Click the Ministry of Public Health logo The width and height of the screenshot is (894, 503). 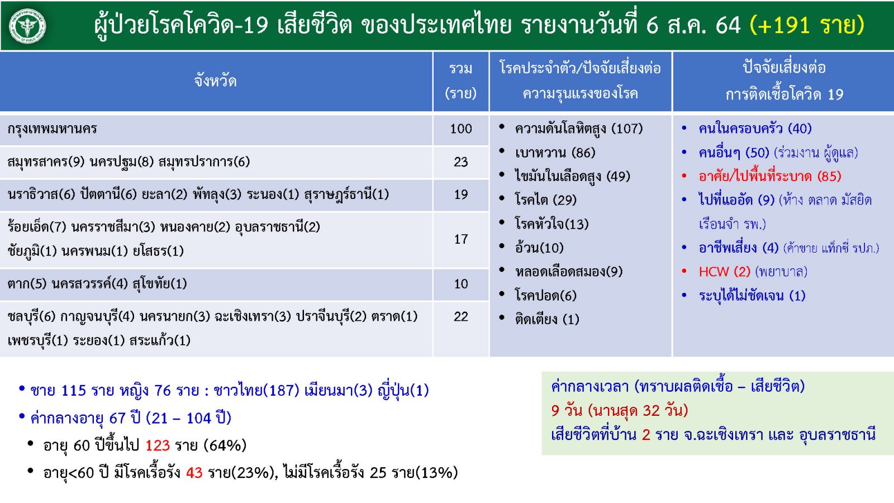pos(27,26)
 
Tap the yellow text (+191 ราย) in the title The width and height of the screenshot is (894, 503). pos(807,25)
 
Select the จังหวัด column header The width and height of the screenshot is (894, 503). pos(216,82)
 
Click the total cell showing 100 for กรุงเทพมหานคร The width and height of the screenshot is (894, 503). pos(461,129)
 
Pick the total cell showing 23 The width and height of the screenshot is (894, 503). pos(461,162)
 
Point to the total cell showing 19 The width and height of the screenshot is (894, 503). pos(461,194)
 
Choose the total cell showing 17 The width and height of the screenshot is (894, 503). pos(461,239)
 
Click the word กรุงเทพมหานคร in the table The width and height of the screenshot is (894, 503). pos(52,129)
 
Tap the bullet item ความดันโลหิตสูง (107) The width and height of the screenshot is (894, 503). pos(579,129)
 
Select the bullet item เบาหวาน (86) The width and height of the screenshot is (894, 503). pos(555,153)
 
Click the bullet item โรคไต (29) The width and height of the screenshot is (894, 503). pos(545,200)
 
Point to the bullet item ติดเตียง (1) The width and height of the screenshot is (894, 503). pos(547,319)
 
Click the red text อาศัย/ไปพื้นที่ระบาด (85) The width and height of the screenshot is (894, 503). pos(770,176)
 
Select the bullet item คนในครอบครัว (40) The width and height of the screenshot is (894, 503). pos(755,129)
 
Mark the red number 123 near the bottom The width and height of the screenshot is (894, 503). pos(158,445)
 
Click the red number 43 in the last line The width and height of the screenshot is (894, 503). pos(194,473)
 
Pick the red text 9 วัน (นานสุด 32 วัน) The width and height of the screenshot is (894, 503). pos(620,410)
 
